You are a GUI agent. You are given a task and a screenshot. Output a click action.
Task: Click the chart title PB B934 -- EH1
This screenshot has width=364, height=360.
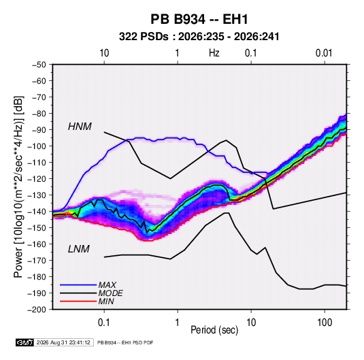click(199, 19)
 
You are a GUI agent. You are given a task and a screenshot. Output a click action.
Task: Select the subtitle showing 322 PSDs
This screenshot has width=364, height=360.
click(199, 37)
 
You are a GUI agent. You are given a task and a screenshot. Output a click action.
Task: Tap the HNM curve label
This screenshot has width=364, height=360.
click(80, 127)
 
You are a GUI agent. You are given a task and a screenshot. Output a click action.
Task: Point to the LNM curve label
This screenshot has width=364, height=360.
click(79, 249)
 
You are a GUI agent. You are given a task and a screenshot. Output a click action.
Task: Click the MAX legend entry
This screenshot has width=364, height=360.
click(107, 284)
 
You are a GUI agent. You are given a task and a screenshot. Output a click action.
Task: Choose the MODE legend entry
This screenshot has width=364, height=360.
click(110, 293)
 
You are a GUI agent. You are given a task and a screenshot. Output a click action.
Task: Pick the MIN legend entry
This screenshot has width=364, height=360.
click(106, 301)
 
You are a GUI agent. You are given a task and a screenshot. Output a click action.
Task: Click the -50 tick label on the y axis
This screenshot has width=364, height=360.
click(39, 65)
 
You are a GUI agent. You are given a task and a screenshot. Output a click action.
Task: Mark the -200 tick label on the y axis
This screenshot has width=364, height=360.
click(37, 310)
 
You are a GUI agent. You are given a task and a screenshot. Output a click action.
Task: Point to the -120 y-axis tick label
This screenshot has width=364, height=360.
click(37, 179)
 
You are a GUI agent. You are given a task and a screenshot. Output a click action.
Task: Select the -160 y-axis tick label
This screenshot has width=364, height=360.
click(37, 244)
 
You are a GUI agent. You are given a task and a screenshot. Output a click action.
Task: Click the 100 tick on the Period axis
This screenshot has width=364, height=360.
click(325, 323)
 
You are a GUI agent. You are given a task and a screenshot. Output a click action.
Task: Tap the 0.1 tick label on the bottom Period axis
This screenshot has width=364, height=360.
click(104, 323)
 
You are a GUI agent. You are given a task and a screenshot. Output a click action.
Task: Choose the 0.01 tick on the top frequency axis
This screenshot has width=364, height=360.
click(324, 53)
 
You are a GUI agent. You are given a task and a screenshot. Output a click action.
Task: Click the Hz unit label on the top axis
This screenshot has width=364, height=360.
click(214, 53)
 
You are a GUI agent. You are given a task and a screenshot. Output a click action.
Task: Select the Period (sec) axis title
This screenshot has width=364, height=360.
click(214, 330)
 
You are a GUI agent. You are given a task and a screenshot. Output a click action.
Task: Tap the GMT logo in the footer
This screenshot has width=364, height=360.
click(24, 342)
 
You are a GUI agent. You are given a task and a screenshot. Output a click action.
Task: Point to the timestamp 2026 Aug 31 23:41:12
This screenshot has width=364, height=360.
click(63, 342)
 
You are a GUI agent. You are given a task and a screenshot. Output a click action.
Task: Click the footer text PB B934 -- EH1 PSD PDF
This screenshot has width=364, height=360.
click(125, 342)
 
